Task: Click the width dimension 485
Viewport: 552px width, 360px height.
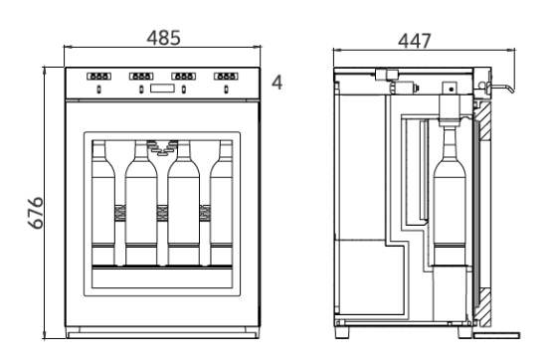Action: point(163,38)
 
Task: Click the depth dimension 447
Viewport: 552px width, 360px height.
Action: point(415,41)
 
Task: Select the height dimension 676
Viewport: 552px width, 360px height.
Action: point(36,213)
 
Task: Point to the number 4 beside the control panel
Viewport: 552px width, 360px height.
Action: point(277,83)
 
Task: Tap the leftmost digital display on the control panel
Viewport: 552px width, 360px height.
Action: point(98,76)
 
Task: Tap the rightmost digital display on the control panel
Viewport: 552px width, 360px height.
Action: point(226,76)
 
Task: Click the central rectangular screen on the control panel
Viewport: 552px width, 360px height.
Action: point(162,88)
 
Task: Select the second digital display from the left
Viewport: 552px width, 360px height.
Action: point(141,76)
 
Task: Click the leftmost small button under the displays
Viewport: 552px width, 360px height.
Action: point(98,90)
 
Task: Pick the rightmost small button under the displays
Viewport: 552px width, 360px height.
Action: point(226,90)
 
